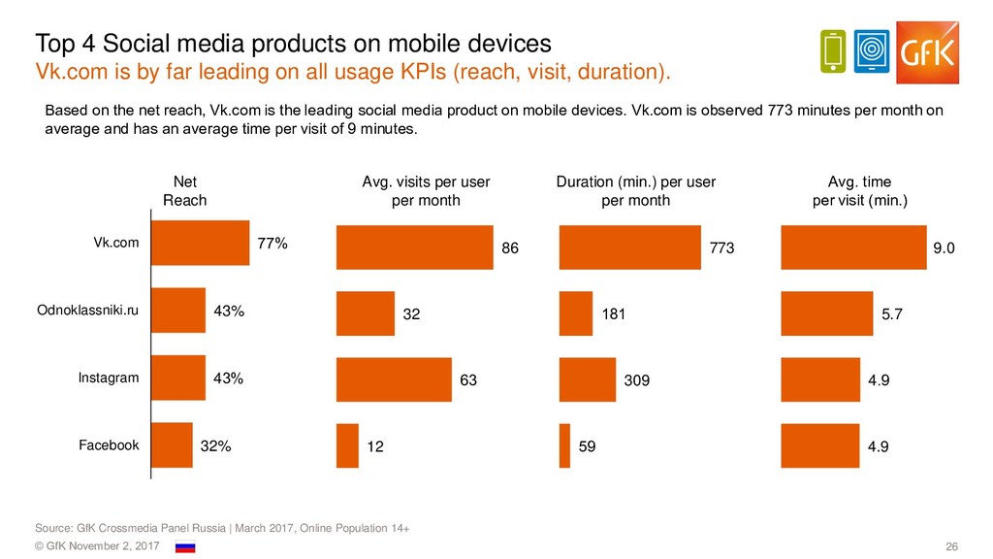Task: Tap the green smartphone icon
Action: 833,51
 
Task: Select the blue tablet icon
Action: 875,51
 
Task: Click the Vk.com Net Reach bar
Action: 201,244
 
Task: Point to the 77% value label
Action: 272,244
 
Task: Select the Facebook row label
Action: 109,445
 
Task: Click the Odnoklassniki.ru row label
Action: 87,312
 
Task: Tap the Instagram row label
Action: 109,378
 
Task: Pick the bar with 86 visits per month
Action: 414,247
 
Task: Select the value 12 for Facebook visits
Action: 376,447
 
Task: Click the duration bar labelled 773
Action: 630,247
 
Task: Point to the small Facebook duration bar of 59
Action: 565,446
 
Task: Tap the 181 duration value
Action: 615,314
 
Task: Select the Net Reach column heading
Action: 184,191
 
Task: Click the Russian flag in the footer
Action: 185,548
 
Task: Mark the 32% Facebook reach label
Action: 215,446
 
